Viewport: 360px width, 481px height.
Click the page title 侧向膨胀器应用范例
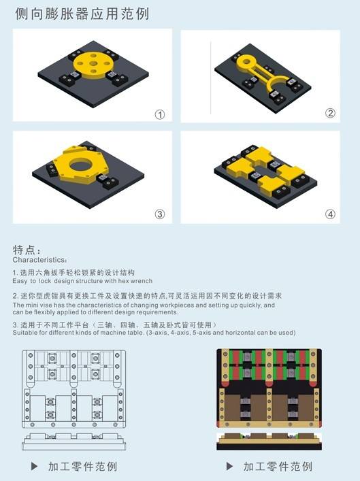(x=82, y=14)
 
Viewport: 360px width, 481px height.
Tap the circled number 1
(x=160, y=114)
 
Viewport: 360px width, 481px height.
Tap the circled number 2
(x=330, y=113)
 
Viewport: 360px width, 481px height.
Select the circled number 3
(x=160, y=214)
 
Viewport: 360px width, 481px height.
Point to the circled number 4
(x=330, y=214)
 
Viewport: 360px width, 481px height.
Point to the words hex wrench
(x=135, y=280)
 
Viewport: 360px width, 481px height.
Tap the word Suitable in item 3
(x=26, y=333)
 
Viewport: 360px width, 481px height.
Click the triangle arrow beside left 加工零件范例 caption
(x=35, y=467)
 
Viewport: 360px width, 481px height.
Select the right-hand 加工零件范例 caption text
(x=278, y=467)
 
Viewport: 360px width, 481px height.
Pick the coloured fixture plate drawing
(x=268, y=399)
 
